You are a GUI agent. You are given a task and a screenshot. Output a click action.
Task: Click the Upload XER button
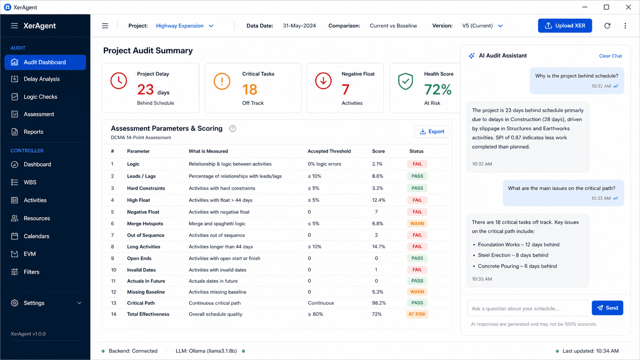(565, 26)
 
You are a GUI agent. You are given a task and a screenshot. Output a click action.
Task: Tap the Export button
(432, 132)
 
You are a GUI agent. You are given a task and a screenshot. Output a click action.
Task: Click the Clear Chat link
(610, 56)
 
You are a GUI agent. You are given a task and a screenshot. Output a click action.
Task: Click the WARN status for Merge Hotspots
(417, 223)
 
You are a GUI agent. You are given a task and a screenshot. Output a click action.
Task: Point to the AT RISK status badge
(417, 314)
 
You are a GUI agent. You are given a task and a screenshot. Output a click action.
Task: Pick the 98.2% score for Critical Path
(379, 303)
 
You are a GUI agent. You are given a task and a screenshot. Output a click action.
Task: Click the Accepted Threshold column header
(329, 151)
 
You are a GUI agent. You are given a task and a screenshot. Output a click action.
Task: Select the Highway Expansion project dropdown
(184, 26)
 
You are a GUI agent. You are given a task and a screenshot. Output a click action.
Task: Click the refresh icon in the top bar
(607, 26)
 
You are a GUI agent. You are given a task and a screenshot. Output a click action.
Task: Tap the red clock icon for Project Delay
(119, 81)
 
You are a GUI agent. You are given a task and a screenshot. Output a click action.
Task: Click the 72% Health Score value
(438, 90)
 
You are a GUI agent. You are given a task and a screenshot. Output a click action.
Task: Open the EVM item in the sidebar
(29, 254)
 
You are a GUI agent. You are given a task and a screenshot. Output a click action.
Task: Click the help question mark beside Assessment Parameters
(233, 129)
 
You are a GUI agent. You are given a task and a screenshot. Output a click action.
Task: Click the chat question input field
(528, 308)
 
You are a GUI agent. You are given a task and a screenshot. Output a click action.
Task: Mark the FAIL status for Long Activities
(417, 247)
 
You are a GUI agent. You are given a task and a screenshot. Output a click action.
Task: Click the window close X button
(628, 7)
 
